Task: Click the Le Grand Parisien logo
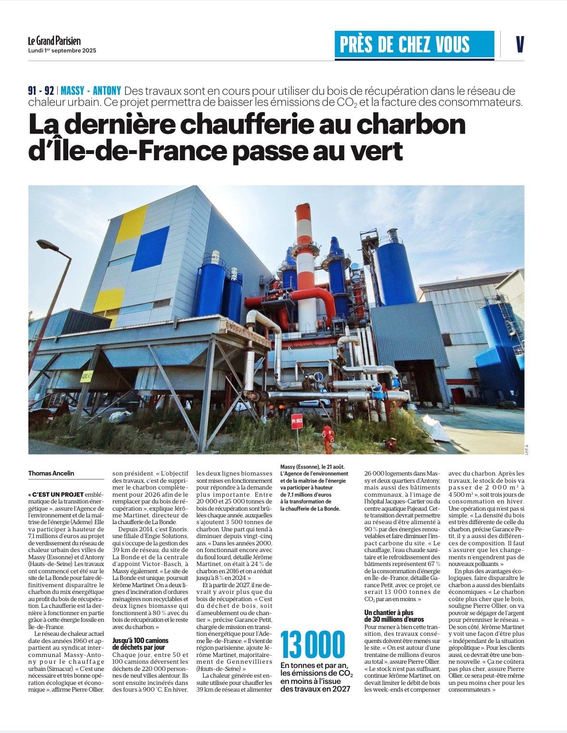tap(54, 41)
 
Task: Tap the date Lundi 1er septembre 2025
tap(62, 50)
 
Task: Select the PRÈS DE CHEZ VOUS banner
tap(414, 45)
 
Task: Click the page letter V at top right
tap(519, 45)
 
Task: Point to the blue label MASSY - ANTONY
tap(91, 91)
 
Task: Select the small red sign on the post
tap(297, 421)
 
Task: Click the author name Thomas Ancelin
tap(51, 474)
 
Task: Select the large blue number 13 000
tap(313, 644)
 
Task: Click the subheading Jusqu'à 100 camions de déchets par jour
tap(140, 644)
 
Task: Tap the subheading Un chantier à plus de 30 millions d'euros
tap(395, 616)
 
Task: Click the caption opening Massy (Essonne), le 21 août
tap(312, 467)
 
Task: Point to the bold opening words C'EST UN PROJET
tap(56, 494)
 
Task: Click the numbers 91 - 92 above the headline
tap(41, 91)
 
